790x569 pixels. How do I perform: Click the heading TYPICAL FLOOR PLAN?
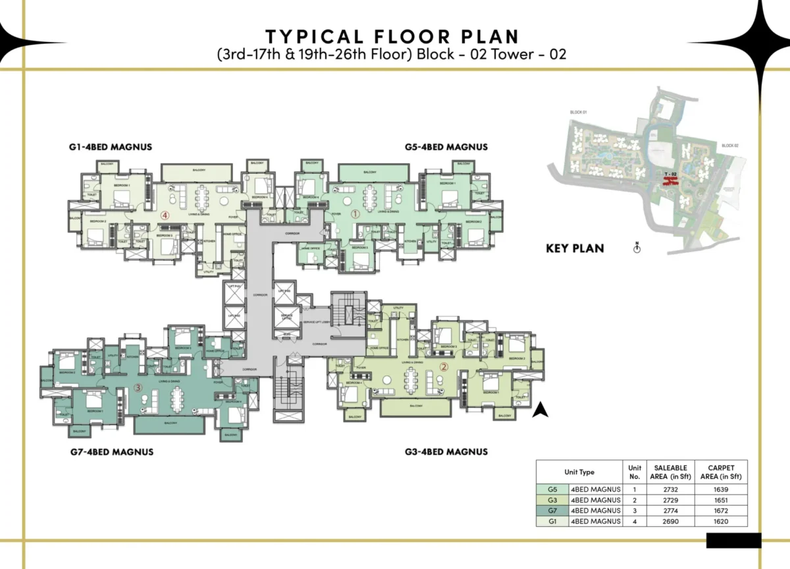392,36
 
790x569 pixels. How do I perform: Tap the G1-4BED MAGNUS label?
111,147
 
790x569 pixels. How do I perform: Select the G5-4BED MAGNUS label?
446,147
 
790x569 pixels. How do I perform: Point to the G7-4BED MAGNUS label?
112,452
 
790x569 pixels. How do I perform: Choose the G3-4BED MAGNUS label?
446,452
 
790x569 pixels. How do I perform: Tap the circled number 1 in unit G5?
355,213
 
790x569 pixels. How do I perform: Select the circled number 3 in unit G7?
138,387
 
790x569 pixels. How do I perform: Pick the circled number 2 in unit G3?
444,367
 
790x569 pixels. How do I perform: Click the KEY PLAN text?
575,249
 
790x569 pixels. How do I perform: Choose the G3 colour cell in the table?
552,500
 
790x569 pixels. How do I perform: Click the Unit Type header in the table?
579,472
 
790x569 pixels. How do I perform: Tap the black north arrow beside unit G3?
540,410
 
